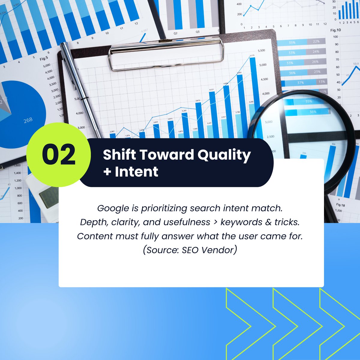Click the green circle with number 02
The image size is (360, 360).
click(58, 154)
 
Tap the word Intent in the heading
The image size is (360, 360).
click(136, 172)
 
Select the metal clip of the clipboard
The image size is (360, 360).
click(166, 54)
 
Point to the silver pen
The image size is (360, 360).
click(81, 90)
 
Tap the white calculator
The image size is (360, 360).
click(45, 192)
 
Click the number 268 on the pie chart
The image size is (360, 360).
click(28, 120)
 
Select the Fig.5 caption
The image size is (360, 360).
click(44, 59)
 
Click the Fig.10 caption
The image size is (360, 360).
click(335, 30)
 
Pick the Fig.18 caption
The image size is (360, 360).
click(340, 205)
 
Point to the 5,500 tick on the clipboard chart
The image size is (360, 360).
click(261, 50)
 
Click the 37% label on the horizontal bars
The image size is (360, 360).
click(300, 82)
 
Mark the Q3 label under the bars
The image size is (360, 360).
click(197, 31)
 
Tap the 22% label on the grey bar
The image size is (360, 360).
click(316, 42)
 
